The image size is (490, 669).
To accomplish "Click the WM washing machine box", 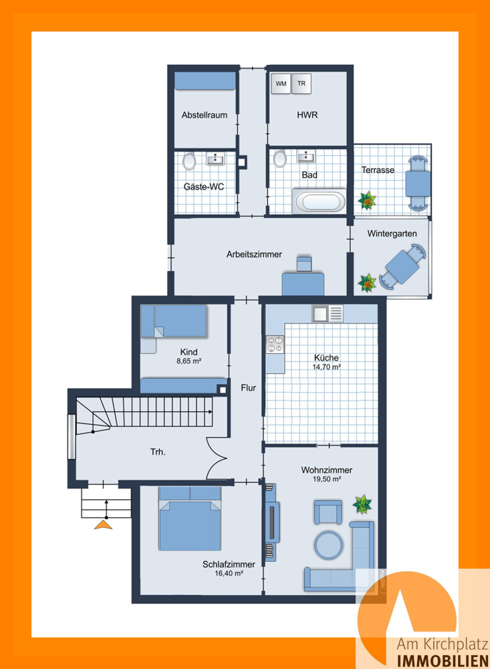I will [x=281, y=84].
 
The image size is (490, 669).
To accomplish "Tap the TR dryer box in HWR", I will [x=301, y=84].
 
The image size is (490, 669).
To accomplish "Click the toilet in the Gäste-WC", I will [x=189, y=161].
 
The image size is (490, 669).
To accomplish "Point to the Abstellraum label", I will [x=205, y=115].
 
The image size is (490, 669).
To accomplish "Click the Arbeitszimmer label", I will [x=254, y=254].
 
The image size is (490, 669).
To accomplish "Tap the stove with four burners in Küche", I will [x=275, y=344].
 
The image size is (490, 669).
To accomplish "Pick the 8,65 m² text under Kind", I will [x=189, y=361].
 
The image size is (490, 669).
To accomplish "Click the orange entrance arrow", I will [x=103, y=524].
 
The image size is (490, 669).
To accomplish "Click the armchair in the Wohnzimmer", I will [x=327, y=514].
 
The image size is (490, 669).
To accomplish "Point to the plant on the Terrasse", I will [x=366, y=199].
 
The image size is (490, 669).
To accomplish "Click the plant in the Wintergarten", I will [x=367, y=283].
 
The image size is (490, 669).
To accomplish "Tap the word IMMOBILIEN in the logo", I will [x=443, y=661].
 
